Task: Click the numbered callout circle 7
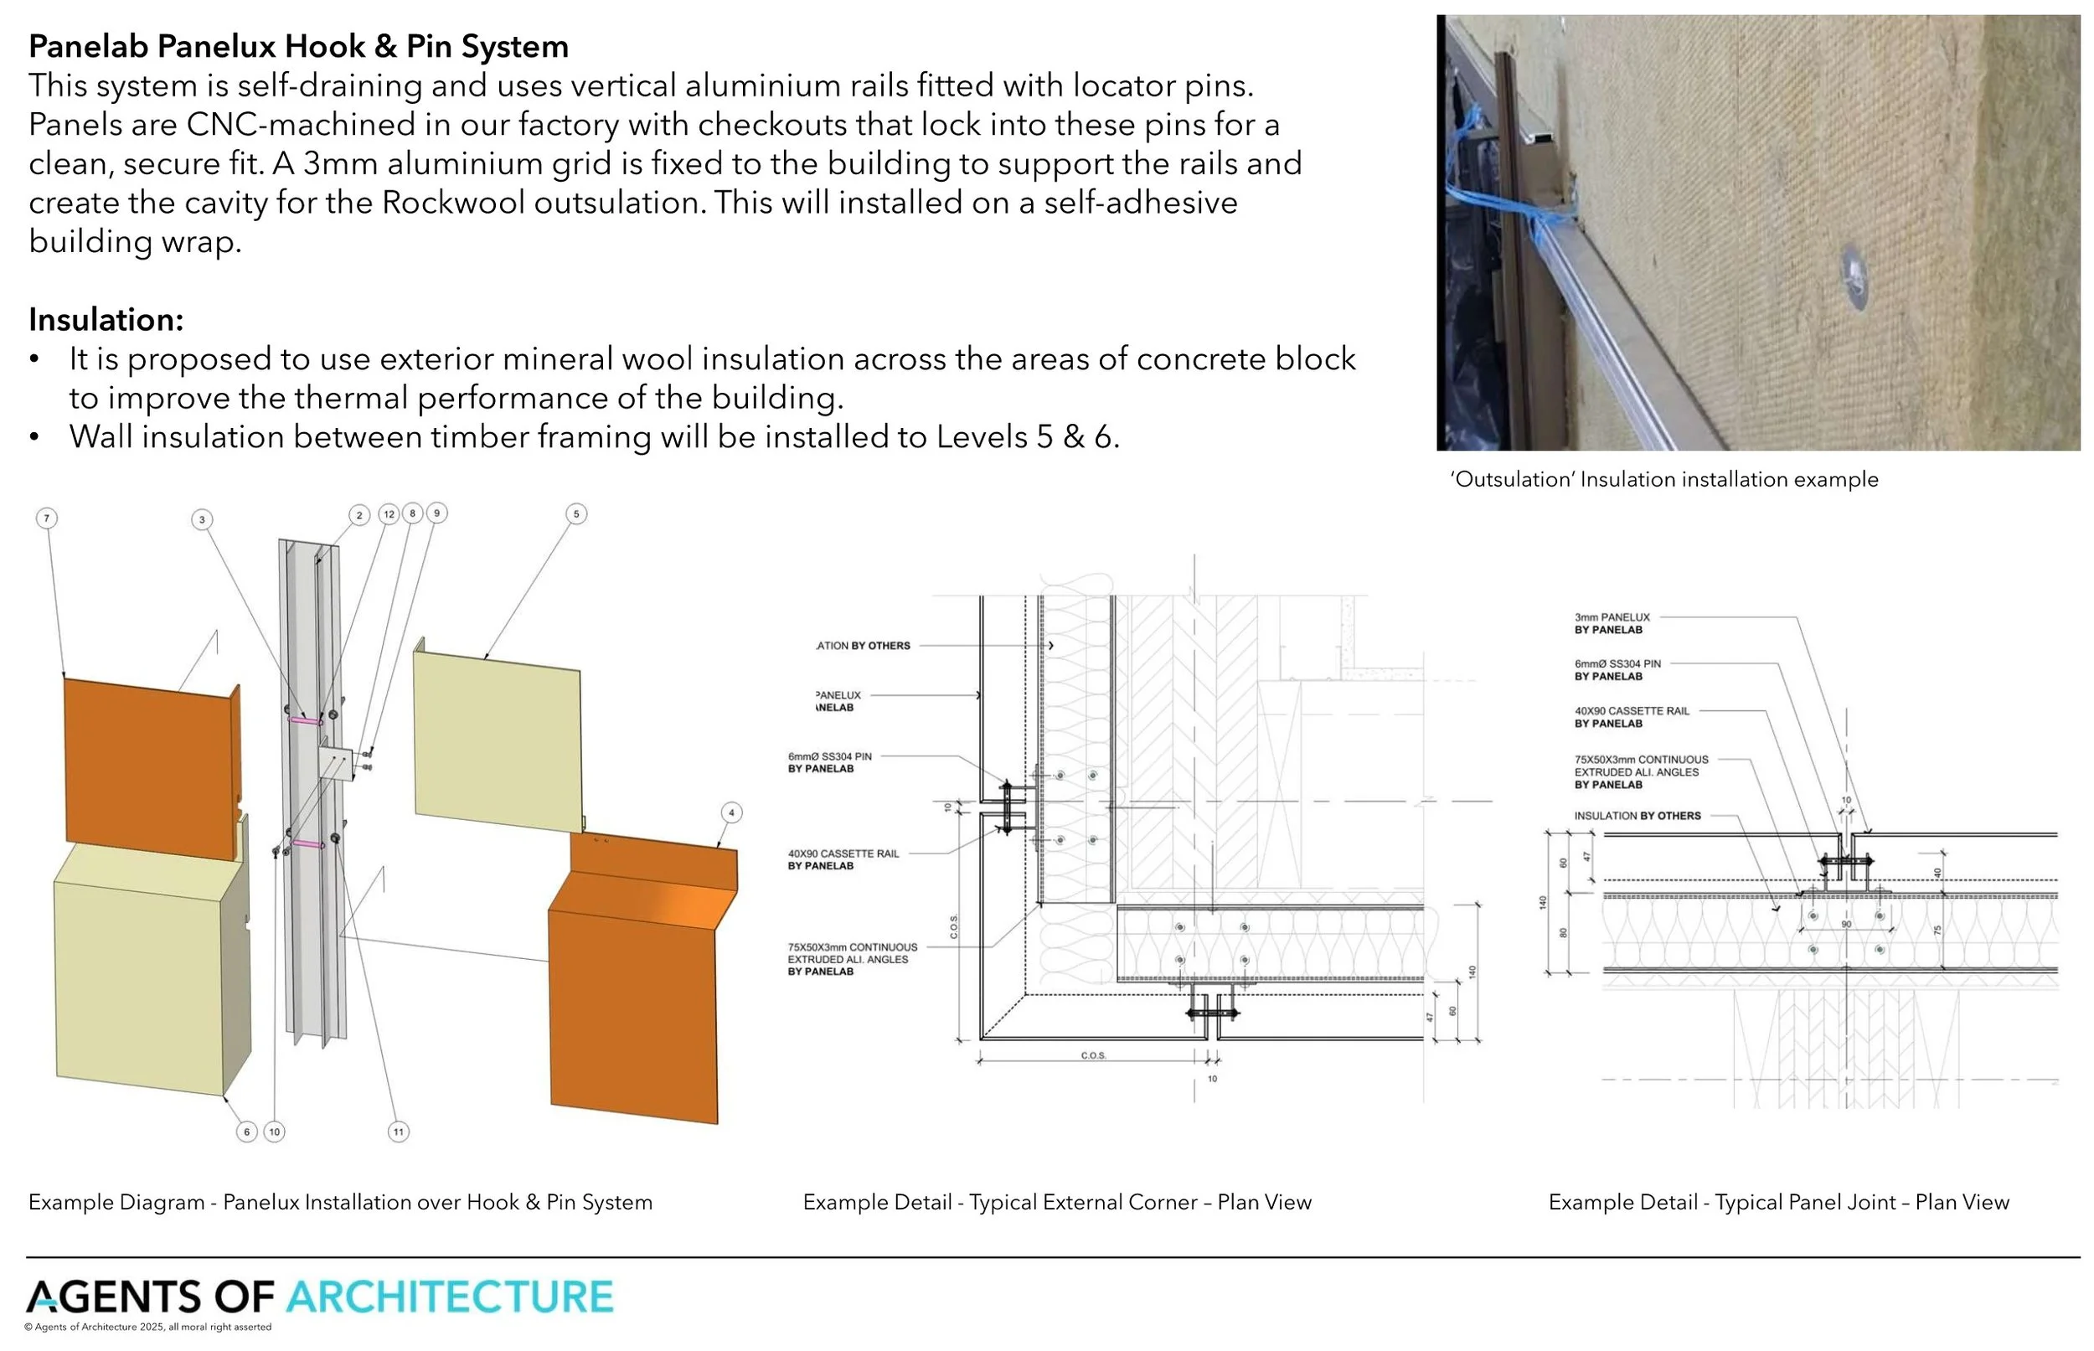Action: (47, 518)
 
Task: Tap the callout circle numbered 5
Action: (575, 514)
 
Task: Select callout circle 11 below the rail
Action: (398, 1132)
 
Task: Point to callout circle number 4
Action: (730, 812)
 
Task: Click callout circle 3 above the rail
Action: (202, 519)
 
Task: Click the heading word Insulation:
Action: (106, 319)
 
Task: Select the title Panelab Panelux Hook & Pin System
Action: (298, 47)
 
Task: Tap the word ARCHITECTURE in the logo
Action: (450, 1297)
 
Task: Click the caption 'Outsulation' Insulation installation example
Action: (1664, 479)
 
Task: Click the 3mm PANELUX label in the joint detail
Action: (1612, 617)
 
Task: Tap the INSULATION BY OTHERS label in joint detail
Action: (1637, 816)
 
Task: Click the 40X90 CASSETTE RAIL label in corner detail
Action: (843, 853)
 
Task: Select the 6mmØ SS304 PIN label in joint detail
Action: (1617, 664)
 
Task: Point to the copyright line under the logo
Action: (148, 1328)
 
